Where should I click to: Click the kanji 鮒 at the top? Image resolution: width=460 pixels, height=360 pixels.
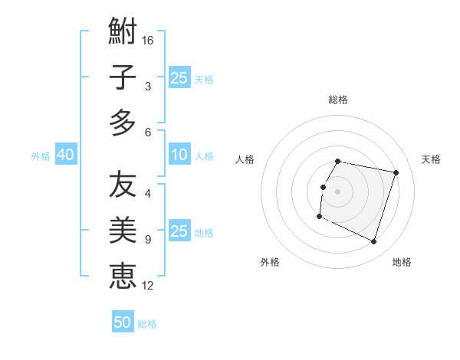pos(123,33)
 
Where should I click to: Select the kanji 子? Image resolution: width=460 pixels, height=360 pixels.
pos(123,77)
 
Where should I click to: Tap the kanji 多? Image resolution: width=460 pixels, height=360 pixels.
pos(123,122)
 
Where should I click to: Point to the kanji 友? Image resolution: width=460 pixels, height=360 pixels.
pos(123,185)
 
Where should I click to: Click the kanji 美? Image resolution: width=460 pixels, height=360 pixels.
pos(123,230)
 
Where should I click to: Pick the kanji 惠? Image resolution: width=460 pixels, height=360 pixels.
pos(123,274)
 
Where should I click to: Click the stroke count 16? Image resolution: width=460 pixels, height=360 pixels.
pos(148,40)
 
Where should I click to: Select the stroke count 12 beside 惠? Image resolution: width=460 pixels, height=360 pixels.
pos(148,286)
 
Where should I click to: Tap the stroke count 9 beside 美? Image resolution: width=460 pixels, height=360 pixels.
pos(148,240)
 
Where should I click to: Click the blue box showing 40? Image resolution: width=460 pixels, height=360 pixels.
pos(65,155)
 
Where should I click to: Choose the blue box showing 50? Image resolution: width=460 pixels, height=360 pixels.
pos(123,322)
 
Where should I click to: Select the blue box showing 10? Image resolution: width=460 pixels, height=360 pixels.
pos(179,155)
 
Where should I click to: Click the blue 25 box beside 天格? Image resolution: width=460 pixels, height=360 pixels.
pos(179,77)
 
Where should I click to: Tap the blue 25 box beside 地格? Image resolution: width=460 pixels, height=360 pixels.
pos(179,231)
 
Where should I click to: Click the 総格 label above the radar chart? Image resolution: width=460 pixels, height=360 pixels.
pos(338,100)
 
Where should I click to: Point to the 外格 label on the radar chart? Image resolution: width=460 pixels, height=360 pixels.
pos(270,262)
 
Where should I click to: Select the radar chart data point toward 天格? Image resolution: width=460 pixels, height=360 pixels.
pos(396,173)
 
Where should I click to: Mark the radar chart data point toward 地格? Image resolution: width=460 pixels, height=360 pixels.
pos(373,242)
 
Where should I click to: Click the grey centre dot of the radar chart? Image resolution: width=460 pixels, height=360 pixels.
pos(337,191)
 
